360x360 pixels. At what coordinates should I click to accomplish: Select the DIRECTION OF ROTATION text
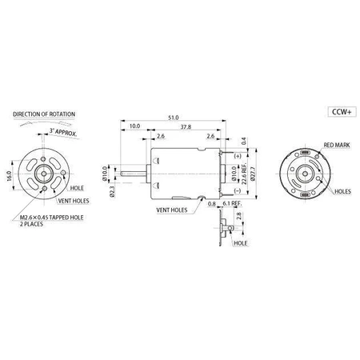[x=44, y=114]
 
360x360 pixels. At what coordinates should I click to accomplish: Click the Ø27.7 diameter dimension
[x=252, y=175]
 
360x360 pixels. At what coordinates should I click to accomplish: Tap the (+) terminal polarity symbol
[x=237, y=154]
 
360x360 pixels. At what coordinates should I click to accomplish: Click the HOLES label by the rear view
[x=342, y=192]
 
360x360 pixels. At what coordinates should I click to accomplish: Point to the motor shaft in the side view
[x=132, y=171]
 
